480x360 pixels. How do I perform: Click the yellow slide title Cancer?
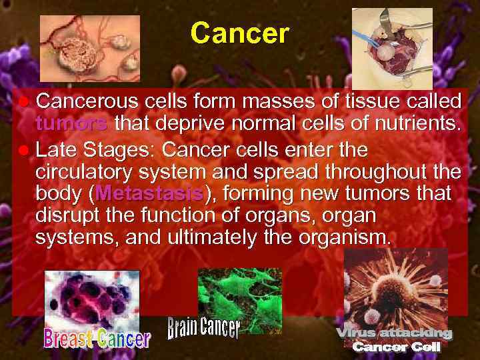coord(239,33)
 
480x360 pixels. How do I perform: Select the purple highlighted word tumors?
coord(71,124)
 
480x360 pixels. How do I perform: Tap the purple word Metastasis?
coord(150,194)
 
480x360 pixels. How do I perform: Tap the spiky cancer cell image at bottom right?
coord(396,287)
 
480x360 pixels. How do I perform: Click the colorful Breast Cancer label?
coord(97,339)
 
